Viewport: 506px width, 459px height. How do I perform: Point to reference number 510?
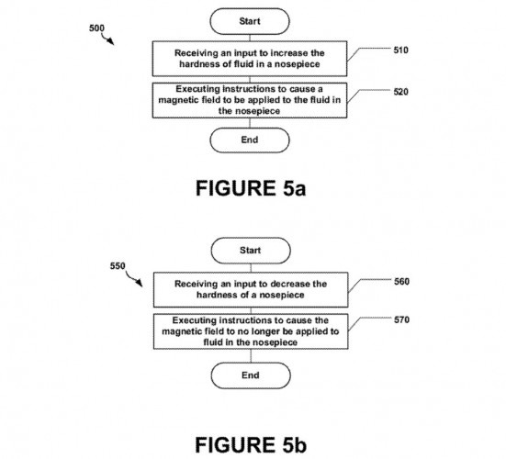tap(400, 50)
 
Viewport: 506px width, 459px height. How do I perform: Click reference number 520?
tap(400, 92)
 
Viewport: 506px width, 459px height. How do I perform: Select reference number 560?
tap(401, 282)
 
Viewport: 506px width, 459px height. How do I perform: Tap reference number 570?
tap(401, 319)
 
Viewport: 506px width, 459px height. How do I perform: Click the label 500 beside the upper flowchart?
tap(96, 28)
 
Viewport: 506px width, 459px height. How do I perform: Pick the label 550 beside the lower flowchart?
tap(118, 266)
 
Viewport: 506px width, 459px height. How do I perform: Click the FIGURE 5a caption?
tap(251, 188)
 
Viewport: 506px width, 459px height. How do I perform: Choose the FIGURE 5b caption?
tap(251, 445)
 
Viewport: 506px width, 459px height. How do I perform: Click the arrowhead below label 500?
tap(111, 41)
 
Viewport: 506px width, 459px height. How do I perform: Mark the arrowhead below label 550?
tap(139, 283)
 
